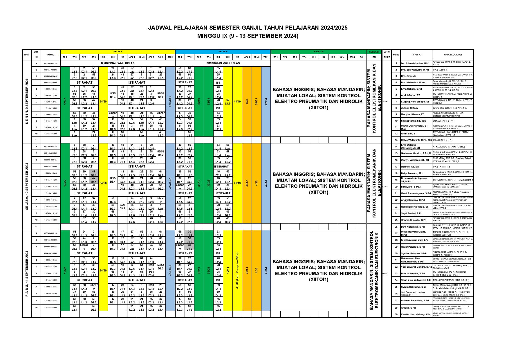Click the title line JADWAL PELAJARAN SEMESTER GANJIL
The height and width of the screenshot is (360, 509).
pyautogui.click(x=248, y=28)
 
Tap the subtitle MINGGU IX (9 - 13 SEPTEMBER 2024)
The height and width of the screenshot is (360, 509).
pyautogui.click(x=248, y=36)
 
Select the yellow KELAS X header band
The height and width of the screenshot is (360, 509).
pyautogui.click(x=117, y=51)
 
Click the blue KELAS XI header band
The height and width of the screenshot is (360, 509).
pyautogui.click(x=223, y=51)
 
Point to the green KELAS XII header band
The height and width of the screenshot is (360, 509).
pyautogui.click(x=318, y=51)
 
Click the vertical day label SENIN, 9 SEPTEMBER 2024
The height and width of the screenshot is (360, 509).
pyautogui.click(x=27, y=101)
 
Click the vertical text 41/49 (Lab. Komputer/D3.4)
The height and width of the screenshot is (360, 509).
pyautogui.click(x=237, y=270)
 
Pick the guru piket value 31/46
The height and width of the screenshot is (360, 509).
pyautogui.click(x=385, y=101)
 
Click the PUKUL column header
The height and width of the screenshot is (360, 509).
pyautogui.click(x=50, y=55)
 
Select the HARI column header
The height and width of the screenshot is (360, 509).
pyautogui.click(x=27, y=55)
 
